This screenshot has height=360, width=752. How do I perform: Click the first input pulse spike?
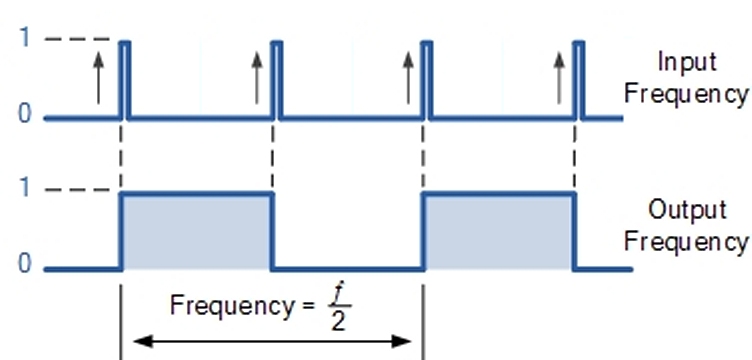point(125,80)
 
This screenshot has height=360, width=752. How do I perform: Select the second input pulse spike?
point(277,80)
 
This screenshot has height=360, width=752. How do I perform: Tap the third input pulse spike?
point(427,80)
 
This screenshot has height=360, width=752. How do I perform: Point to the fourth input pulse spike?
point(579,80)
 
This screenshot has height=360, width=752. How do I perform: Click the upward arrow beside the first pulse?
point(98,78)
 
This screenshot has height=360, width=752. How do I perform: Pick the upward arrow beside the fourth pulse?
point(559,78)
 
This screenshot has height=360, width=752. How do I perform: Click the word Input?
point(687,62)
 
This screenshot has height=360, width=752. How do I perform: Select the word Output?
point(687,210)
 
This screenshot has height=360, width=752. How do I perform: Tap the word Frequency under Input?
point(686,94)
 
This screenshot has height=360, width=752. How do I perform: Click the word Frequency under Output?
point(686,241)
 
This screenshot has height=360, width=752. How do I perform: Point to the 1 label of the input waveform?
point(24,37)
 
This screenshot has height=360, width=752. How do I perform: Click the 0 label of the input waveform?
point(25,115)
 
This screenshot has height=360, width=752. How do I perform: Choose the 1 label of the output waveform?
point(24,189)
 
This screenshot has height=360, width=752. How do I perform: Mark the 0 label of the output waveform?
point(25,264)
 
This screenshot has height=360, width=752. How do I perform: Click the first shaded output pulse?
point(198,231)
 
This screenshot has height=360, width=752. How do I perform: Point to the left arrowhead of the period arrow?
point(142,341)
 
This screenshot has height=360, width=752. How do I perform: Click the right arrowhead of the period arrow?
point(402,341)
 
